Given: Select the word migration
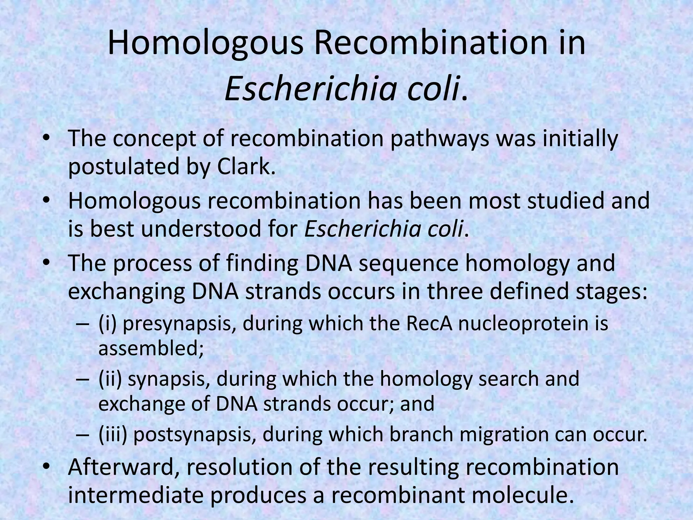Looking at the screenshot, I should pos(499,435).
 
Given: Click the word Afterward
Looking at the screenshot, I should pos(123,467).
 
